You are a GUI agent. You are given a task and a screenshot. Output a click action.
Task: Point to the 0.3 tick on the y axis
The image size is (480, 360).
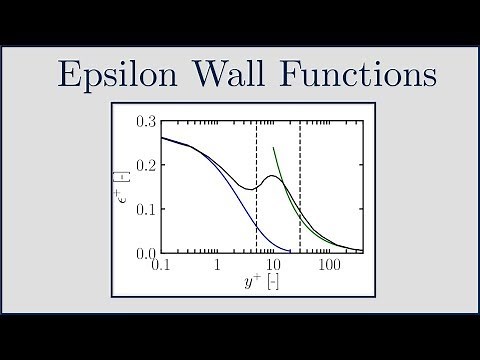click(x=145, y=120)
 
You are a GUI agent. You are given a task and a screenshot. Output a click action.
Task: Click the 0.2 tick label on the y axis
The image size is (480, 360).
click(x=145, y=164)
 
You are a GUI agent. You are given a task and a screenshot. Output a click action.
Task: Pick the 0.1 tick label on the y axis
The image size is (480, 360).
click(x=145, y=208)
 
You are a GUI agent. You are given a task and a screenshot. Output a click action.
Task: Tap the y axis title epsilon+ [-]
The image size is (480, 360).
click(x=126, y=186)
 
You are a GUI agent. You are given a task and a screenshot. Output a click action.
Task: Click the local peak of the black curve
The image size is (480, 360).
click(x=273, y=175)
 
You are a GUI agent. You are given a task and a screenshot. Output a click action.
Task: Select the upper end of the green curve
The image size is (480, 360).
click(x=273, y=148)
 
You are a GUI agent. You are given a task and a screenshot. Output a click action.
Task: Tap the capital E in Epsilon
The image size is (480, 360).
click(x=70, y=75)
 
